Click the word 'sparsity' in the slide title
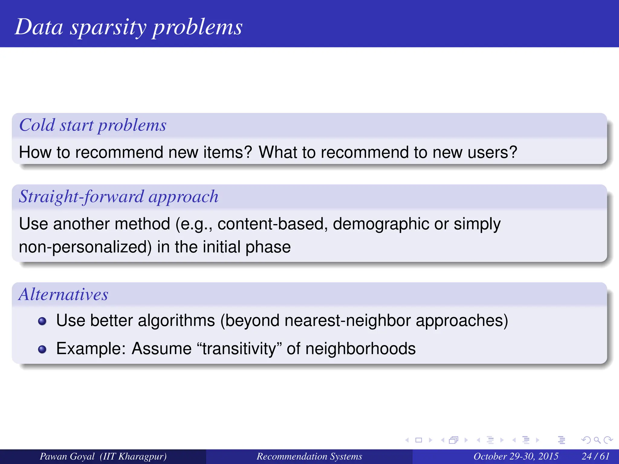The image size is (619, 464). pyautogui.click(x=108, y=27)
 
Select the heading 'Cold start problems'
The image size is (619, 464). pyautogui.click(x=92, y=125)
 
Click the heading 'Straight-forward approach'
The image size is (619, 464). pyautogui.click(x=118, y=197)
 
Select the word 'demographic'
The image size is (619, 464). pyautogui.click(x=381, y=224)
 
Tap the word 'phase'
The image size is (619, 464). pyautogui.click(x=268, y=247)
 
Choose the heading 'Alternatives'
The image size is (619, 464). pyautogui.click(x=63, y=294)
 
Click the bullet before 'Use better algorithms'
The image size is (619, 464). pyautogui.click(x=42, y=321)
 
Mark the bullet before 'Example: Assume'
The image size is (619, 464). pyautogui.click(x=42, y=349)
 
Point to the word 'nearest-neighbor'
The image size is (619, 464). pyautogui.click(x=348, y=320)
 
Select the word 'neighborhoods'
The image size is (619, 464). pyautogui.click(x=360, y=349)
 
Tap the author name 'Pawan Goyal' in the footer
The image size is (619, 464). pyautogui.click(x=67, y=456)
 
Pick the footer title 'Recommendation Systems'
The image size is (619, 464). pyautogui.click(x=309, y=456)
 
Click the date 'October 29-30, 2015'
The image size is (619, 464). pyautogui.click(x=516, y=456)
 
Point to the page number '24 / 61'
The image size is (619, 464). pyautogui.click(x=595, y=456)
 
